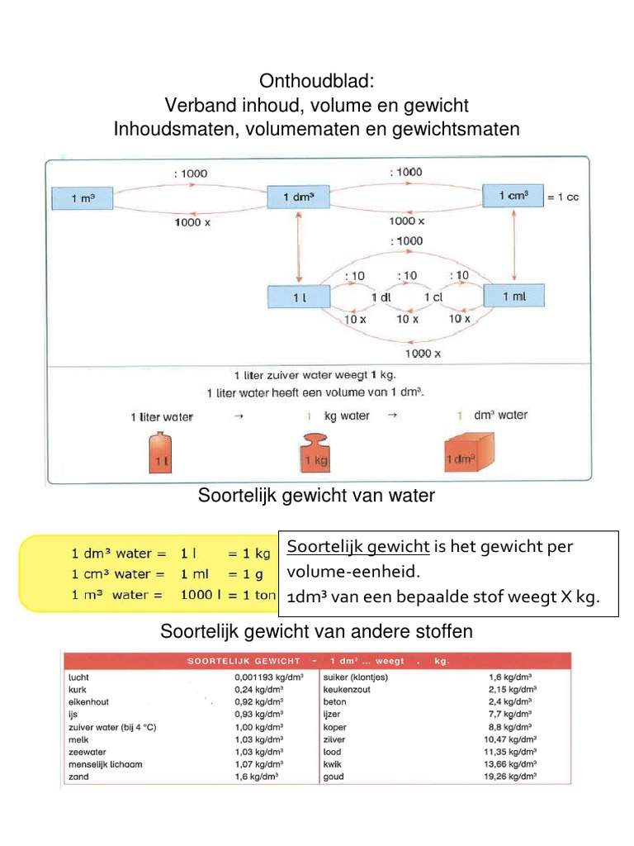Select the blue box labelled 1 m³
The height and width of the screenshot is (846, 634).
[82, 198]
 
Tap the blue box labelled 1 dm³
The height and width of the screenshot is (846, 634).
[298, 198]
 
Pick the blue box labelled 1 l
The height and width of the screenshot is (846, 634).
[298, 297]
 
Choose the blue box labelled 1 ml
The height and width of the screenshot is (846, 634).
[513, 297]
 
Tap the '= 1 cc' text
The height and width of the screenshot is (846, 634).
[568, 197]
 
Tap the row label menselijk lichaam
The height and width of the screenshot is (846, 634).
[106, 765]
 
